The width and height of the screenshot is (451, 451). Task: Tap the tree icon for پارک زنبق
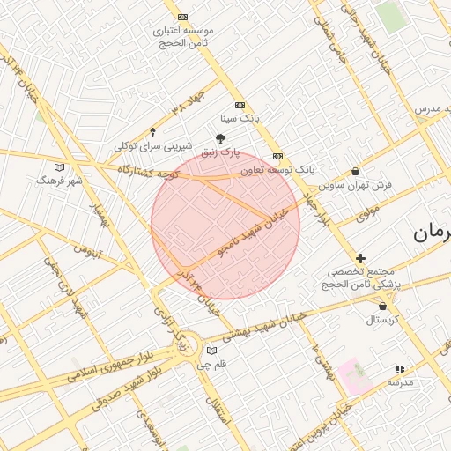pyautogui.click(x=221, y=137)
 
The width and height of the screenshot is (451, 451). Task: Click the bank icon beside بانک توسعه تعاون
pyautogui.click(x=277, y=156)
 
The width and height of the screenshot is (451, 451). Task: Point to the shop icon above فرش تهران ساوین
pyautogui.click(x=355, y=172)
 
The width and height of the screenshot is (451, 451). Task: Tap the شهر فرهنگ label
pyautogui.click(x=59, y=180)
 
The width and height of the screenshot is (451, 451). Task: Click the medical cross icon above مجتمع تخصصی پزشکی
pyautogui.click(x=360, y=258)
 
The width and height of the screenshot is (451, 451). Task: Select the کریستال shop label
pyautogui.click(x=382, y=320)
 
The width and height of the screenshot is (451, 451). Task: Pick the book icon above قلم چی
pyautogui.click(x=211, y=351)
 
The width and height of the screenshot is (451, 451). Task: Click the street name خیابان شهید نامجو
pyautogui.click(x=255, y=235)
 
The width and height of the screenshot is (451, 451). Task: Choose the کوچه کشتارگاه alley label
pyautogui.click(x=149, y=173)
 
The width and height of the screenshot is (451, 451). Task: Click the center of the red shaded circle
pyautogui.click(x=225, y=224)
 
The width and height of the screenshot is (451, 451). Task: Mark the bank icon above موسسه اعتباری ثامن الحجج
pyautogui.click(x=182, y=17)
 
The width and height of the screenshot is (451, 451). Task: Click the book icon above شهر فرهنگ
pyautogui.click(x=59, y=166)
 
